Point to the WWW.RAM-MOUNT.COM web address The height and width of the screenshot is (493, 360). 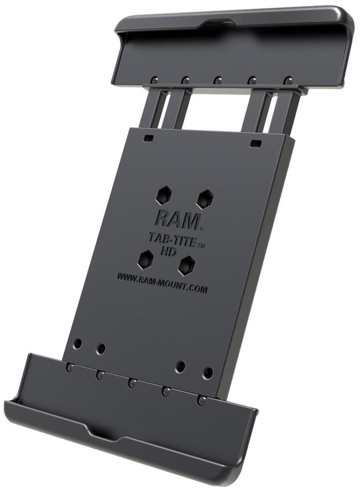162,281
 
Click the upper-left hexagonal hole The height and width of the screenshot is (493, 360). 164,194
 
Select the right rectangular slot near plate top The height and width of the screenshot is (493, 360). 255,144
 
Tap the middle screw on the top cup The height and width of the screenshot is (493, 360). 218,81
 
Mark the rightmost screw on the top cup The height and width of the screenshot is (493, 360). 287,81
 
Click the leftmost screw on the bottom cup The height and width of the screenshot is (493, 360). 69,368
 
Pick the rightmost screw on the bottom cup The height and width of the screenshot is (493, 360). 202,400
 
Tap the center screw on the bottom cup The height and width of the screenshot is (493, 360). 132,382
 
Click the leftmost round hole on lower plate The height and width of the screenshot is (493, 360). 78,344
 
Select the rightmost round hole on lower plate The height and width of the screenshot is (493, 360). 208,373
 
